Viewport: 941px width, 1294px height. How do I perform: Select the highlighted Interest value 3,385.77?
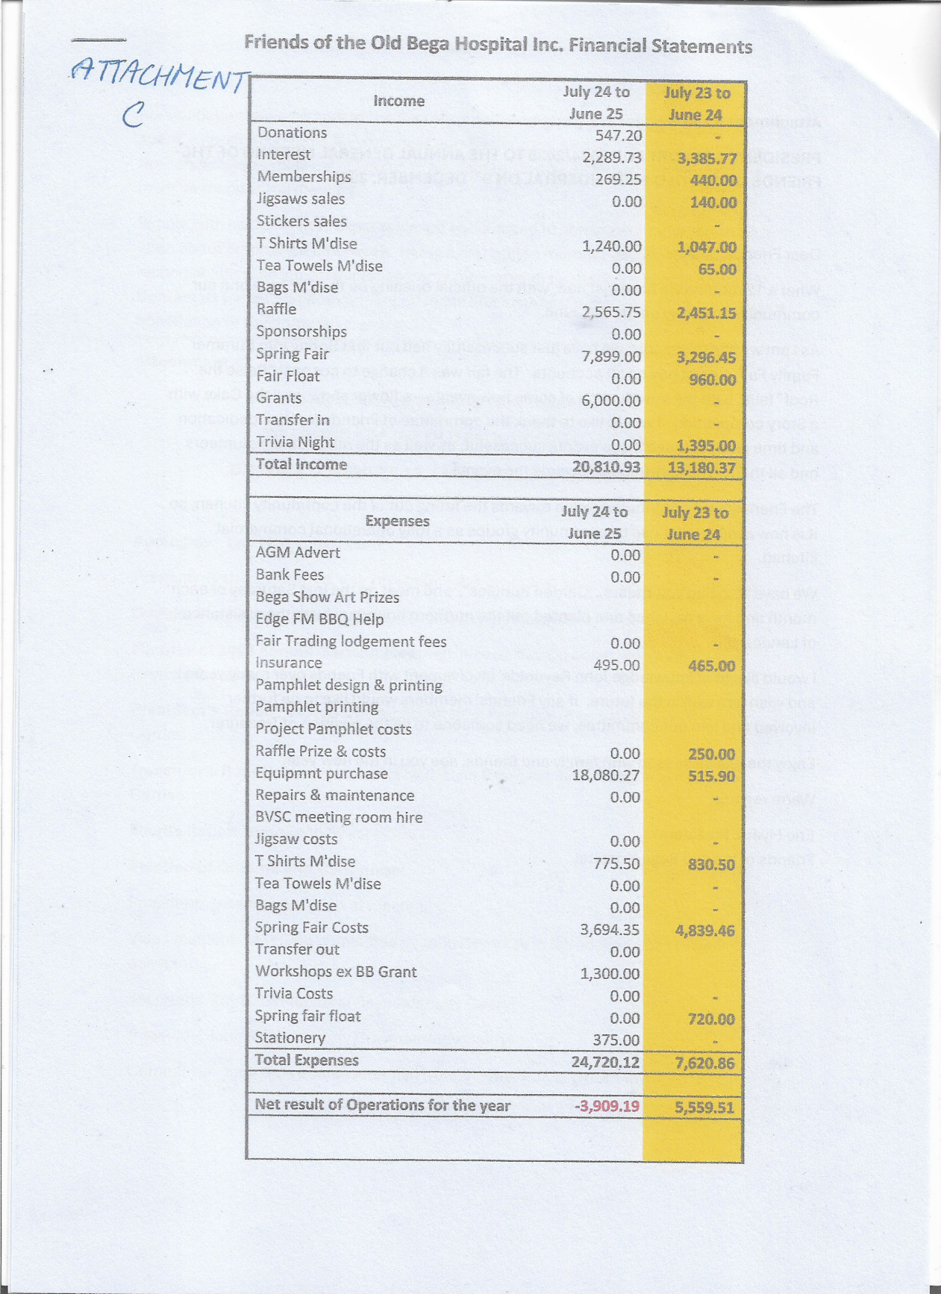coord(707,158)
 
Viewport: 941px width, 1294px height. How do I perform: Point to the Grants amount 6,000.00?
coord(612,400)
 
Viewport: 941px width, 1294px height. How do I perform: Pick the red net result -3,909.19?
coord(607,1105)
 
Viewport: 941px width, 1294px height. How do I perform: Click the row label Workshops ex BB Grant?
coord(335,972)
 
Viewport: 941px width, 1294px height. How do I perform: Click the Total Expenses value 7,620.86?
coord(704,1063)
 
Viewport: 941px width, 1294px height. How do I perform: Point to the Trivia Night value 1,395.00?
coord(706,447)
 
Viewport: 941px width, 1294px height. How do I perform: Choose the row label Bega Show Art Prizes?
coord(327,597)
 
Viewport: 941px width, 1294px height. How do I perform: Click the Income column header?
coord(399,101)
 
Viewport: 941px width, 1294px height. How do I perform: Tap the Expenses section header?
coord(398,521)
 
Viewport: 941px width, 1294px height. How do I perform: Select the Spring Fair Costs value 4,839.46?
coord(704,930)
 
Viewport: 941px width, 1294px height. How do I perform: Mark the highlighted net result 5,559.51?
coord(704,1107)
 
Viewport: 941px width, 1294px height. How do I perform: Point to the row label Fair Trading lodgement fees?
coord(350,642)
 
